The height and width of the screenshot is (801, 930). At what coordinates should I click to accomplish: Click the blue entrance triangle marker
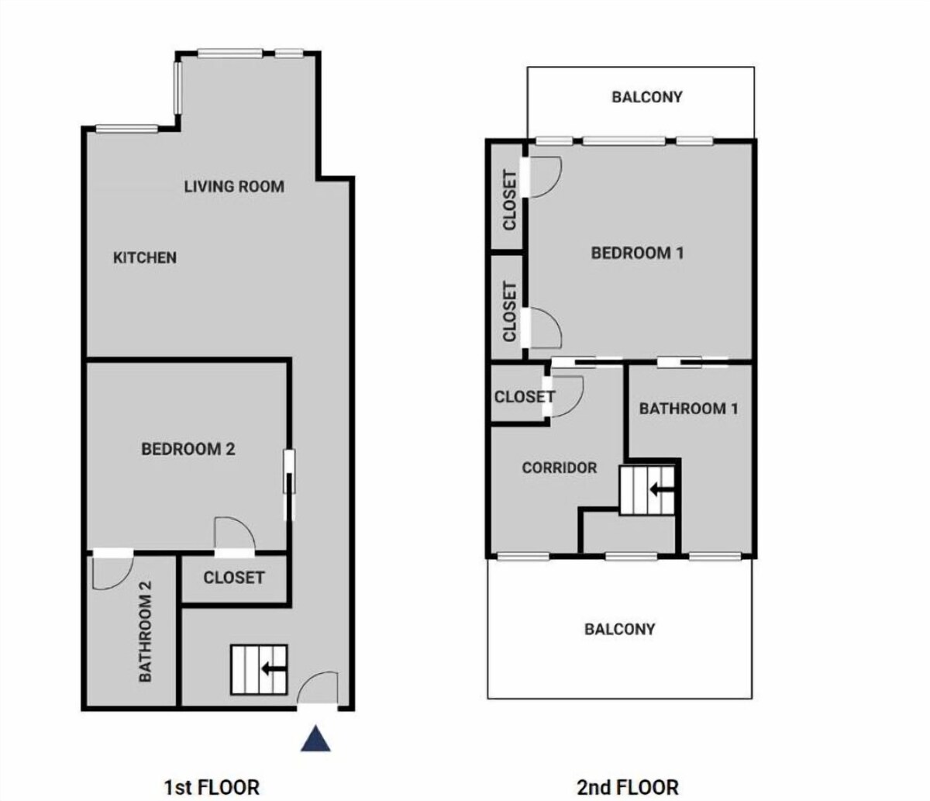315,739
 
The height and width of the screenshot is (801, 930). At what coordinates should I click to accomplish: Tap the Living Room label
234,186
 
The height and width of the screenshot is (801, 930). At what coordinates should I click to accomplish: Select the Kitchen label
144,257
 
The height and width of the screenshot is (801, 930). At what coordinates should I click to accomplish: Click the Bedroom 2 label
188,449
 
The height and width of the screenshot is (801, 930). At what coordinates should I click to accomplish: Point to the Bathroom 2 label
145,631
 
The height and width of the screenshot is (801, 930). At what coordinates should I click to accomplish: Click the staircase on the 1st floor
259,669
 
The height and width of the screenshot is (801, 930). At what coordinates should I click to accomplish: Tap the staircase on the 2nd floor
647,490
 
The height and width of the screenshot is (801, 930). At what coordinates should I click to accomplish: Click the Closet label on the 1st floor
233,578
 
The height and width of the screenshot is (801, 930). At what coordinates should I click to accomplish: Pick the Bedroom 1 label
637,253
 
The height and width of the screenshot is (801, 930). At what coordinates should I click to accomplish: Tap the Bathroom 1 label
688,409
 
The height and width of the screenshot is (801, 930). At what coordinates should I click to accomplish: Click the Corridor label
560,468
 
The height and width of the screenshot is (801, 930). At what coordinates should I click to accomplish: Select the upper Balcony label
647,97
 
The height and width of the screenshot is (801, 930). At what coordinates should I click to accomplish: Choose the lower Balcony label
619,629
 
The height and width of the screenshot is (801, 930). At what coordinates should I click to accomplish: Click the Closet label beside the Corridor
525,397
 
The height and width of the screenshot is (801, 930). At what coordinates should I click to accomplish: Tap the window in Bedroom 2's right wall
290,471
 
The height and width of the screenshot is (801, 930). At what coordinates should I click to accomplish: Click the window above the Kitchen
127,129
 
